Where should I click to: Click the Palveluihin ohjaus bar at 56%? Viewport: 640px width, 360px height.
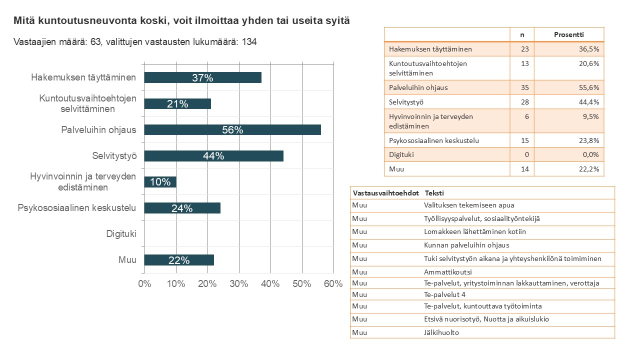click(232, 129)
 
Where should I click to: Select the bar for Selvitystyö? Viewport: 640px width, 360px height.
click(213, 156)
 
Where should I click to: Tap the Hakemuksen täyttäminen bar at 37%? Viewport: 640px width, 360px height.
click(202, 77)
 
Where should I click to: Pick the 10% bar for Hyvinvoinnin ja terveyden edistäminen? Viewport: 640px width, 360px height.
click(160, 182)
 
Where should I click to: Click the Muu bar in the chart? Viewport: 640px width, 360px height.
click(179, 260)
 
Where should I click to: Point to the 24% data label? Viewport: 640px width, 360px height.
click(182, 208)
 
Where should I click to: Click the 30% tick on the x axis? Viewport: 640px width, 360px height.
click(239, 283)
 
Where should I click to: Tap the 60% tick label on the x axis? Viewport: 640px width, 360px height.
click(333, 283)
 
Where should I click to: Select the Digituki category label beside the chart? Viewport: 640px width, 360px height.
click(121, 233)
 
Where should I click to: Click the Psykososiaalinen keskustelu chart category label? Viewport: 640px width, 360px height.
click(77, 207)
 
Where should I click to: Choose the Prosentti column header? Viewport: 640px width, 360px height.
click(569, 34)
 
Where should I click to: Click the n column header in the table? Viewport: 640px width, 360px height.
click(522, 35)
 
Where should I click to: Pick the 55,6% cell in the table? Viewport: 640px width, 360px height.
click(589, 87)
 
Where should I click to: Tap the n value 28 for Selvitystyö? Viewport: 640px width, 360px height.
click(525, 102)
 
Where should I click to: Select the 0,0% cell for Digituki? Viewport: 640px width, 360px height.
click(590, 154)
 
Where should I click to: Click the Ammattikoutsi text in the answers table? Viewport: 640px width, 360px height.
click(447, 272)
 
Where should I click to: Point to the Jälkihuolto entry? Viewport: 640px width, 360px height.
click(441, 332)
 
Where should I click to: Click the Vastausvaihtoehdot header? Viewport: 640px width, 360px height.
click(385, 193)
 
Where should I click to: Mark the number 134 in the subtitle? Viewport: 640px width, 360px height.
click(249, 42)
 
